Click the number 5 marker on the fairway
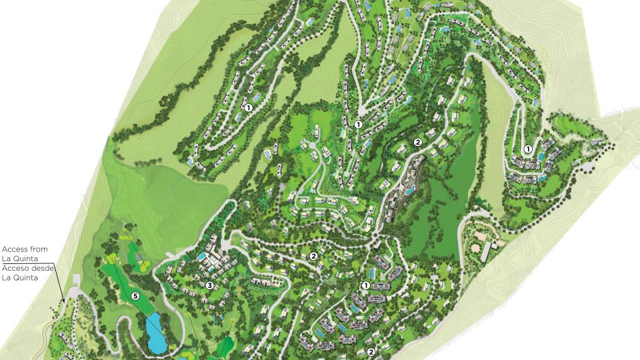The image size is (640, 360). (135, 295)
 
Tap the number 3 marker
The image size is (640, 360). (209, 286)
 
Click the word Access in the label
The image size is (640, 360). (15, 249)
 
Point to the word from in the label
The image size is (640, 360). (39, 249)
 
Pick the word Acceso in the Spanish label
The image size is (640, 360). (16, 269)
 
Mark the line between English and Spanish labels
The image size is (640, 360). (27, 263)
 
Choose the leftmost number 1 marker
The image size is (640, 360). (248, 107)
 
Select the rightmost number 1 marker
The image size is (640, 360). (527, 149)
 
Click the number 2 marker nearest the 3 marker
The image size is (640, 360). (313, 256)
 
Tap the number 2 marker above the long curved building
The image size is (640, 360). (418, 142)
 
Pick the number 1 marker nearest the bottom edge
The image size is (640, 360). (365, 285)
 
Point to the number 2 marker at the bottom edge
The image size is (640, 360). (371, 351)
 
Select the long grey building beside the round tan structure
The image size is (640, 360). (487, 251)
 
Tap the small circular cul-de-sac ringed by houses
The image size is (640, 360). (311, 145)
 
